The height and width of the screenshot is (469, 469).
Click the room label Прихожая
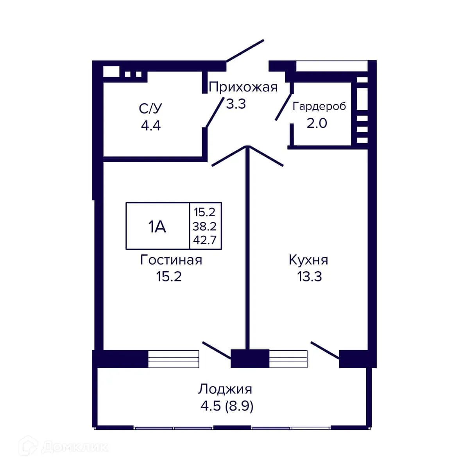click(x=243, y=87)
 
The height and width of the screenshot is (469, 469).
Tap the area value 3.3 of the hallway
click(x=236, y=104)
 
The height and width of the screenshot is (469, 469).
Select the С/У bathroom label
click(x=150, y=108)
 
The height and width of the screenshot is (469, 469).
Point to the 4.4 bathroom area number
click(x=151, y=125)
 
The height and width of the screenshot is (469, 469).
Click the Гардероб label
click(x=319, y=106)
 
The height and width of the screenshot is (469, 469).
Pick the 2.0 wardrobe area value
click(x=317, y=123)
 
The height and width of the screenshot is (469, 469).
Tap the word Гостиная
click(x=171, y=260)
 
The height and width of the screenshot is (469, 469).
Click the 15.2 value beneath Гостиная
click(x=169, y=277)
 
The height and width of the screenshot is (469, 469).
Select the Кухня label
click(x=308, y=260)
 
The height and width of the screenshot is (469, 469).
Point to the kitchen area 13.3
click(x=309, y=277)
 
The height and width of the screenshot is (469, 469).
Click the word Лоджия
click(x=225, y=389)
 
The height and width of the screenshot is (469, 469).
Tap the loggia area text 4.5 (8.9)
click(x=227, y=406)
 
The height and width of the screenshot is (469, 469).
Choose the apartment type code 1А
click(x=157, y=226)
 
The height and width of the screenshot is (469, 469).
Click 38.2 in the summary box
click(x=204, y=226)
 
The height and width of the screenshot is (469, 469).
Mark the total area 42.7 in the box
click(x=204, y=239)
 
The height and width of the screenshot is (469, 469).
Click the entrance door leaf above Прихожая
click(x=245, y=50)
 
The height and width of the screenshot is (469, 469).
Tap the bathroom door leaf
click(x=215, y=111)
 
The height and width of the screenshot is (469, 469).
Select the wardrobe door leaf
click(x=284, y=106)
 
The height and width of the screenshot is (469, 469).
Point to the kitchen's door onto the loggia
click(x=324, y=349)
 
